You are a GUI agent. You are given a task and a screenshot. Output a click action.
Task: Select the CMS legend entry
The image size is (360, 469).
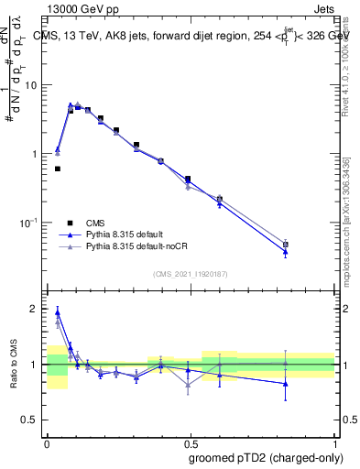(95, 223)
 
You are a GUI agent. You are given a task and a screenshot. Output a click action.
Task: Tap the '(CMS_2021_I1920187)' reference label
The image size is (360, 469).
(190, 273)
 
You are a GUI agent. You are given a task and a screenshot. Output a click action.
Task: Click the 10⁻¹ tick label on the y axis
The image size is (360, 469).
(31, 223)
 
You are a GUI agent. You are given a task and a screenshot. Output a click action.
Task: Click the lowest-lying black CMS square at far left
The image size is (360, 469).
(58, 169)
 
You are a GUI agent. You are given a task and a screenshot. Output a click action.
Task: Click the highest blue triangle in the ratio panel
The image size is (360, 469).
(58, 312)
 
